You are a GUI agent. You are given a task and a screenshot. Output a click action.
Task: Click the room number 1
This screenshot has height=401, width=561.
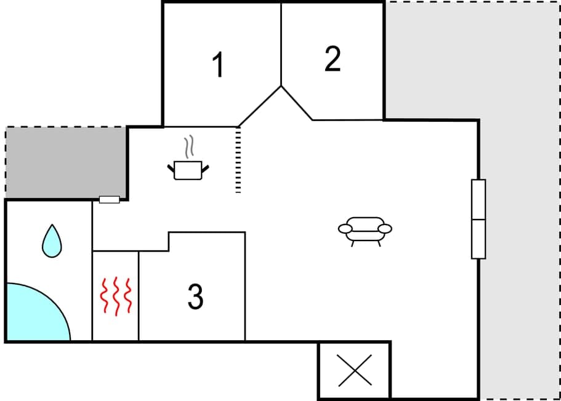(x=218, y=65)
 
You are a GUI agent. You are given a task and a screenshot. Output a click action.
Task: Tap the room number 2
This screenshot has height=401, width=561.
(x=333, y=59)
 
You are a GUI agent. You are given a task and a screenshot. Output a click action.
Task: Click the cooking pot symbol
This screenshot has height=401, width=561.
(x=188, y=170)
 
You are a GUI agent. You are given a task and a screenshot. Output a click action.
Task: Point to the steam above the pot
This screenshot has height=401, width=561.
(x=189, y=148)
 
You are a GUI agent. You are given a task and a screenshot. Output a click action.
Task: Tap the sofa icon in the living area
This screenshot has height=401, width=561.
(x=365, y=229)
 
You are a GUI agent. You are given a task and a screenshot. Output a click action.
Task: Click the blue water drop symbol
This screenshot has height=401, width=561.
(x=52, y=240)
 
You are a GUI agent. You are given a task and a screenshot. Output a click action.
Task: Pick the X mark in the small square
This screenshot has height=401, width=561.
(x=355, y=370)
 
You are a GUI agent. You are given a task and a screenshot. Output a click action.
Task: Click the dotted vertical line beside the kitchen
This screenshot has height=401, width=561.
(x=238, y=160)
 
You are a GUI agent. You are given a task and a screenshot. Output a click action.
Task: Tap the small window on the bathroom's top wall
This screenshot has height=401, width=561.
(x=110, y=199)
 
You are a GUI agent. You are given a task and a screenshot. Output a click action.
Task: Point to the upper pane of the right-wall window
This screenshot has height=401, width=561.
(x=478, y=199)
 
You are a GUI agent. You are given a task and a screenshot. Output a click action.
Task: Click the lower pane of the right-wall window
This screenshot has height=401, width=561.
(x=478, y=239)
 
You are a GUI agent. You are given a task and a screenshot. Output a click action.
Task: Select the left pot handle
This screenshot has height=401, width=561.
(x=171, y=167)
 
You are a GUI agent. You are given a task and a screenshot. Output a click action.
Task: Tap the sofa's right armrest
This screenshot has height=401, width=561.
(x=385, y=229)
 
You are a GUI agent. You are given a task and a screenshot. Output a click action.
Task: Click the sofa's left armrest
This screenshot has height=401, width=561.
(x=345, y=229)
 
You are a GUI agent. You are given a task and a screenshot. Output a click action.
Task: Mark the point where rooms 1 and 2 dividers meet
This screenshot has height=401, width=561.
(x=281, y=86)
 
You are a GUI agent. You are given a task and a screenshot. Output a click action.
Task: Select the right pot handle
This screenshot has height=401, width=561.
(x=206, y=167)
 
